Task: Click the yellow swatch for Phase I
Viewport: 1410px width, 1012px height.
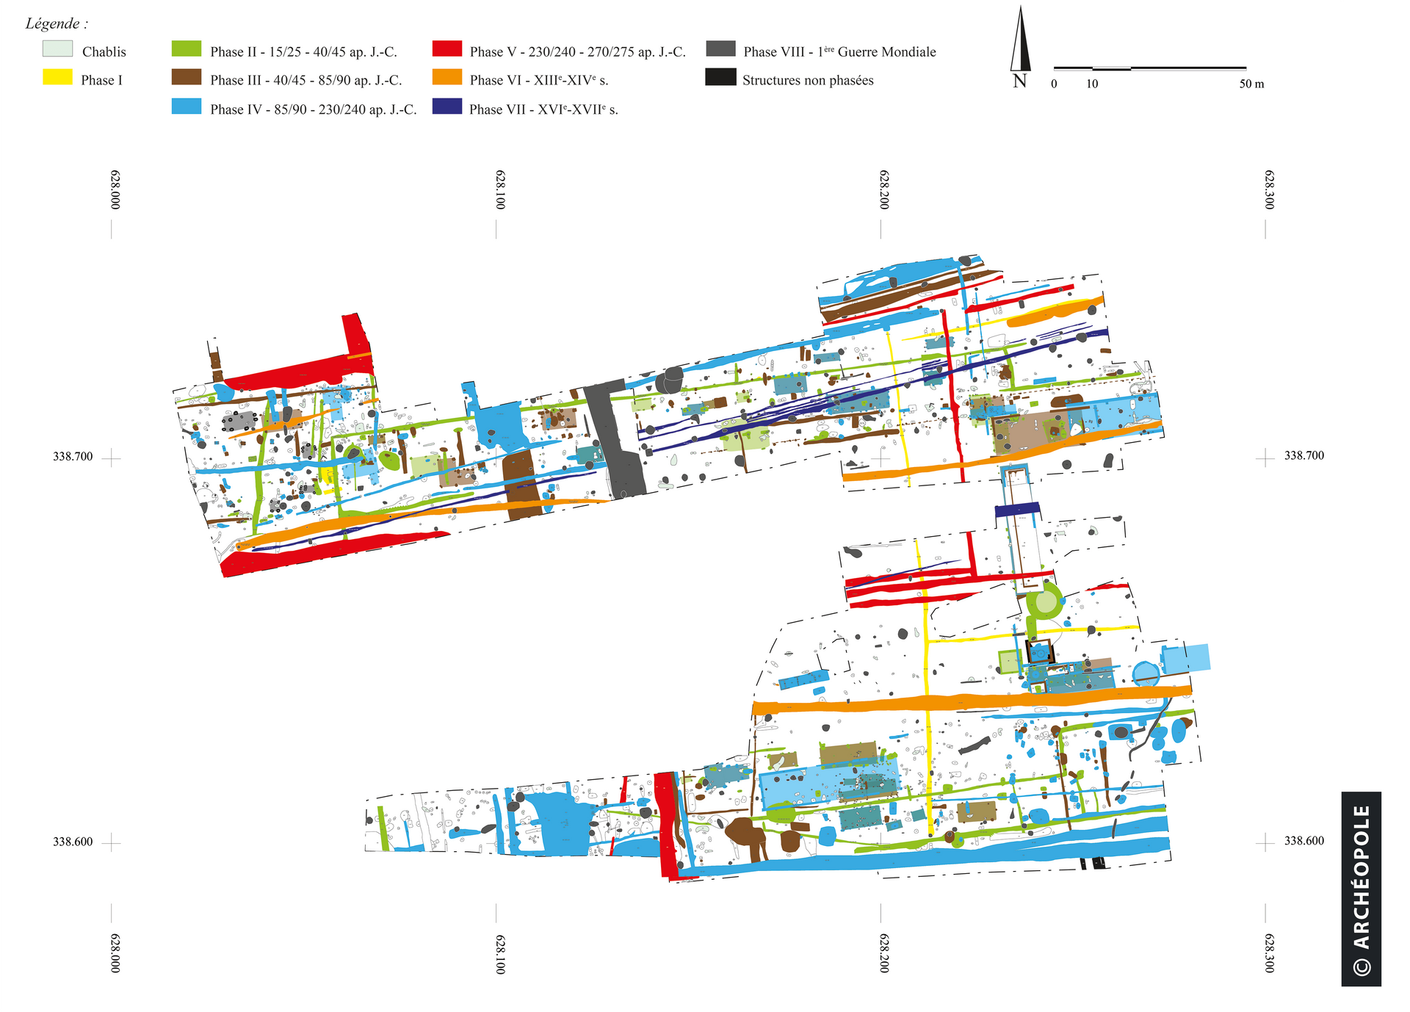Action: (57, 77)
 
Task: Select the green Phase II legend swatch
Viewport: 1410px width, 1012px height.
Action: (186, 49)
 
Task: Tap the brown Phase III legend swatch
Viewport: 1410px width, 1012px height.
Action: (186, 77)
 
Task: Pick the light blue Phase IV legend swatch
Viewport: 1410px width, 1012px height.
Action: (186, 106)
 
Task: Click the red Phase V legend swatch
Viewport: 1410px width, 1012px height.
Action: (447, 49)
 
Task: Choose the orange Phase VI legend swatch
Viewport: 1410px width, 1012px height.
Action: (447, 77)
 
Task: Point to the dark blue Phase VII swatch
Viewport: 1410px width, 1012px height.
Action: (447, 106)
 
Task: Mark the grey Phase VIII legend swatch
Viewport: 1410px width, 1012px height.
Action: (720, 49)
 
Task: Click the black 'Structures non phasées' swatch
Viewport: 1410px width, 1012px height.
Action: (720, 77)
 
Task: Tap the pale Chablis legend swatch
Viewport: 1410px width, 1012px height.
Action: (57, 49)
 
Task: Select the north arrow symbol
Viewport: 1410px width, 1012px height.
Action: (1020, 41)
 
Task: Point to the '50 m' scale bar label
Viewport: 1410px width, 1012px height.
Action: (1251, 84)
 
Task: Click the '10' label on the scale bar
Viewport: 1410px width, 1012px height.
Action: (1092, 84)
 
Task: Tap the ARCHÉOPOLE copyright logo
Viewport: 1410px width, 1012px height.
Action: (1361, 888)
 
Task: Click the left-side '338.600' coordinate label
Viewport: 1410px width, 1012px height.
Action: (73, 842)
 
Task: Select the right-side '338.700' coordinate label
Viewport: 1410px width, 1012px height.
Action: (1304, 455)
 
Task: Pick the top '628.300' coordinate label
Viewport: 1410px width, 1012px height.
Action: (1269, 189)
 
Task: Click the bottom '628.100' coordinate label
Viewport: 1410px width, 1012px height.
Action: (499, 954)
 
